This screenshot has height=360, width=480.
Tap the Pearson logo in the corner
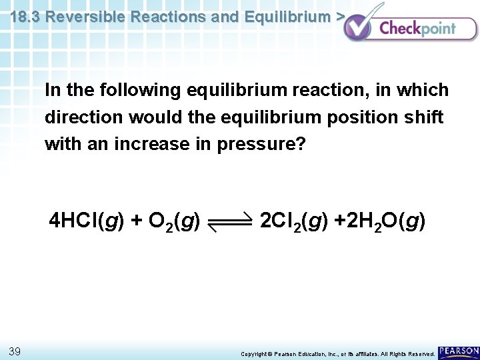[x=459, y=351]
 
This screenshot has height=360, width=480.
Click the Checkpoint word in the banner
[x=417, y=28]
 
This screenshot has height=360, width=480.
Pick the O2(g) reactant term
[x=175, y=222]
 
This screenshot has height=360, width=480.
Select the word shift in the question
[x=423, y=117]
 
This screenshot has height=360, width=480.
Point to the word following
[x=141, y=90]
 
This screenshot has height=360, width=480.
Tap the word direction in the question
[x=84, y=117]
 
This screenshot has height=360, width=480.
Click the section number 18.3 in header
[x=26, y=17]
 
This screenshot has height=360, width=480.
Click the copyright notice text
[x=338, y=353]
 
